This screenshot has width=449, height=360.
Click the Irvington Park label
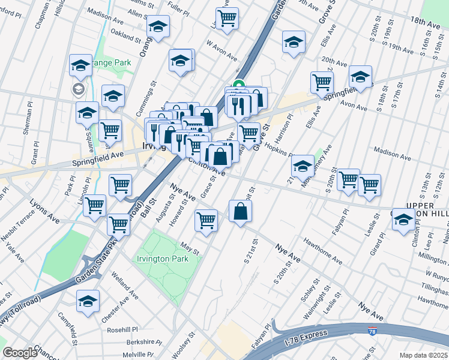click(x=163, y=259)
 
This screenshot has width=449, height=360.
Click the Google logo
click(x=20, y=353)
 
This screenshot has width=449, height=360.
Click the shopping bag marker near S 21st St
click(x=240, y=211)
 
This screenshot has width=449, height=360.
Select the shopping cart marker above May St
click(x=206, y=220)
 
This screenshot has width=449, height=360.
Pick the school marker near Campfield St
click(x=88, y=301)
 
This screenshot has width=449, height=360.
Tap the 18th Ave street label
click(x=427, y=20)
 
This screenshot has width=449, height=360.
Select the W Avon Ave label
click(x=222, y=49)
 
